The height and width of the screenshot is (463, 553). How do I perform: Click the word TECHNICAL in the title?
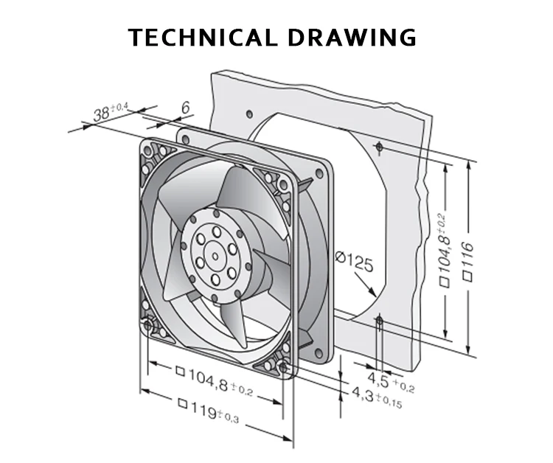(202, 38)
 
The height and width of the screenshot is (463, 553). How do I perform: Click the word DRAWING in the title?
(352, 38)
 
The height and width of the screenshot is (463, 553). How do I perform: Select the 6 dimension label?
(186, 107)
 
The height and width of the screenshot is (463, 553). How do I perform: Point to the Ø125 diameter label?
(354, 261)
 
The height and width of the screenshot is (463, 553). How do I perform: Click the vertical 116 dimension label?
(467, 261)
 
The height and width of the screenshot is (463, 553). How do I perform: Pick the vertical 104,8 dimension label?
(444, 250)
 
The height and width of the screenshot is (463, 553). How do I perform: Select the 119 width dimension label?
(209, 411)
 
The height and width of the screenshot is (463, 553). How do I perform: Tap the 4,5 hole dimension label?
(391, 382)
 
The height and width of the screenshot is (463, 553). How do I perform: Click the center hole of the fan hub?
(215, 257)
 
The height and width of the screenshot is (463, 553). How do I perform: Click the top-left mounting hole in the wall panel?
(249, 114)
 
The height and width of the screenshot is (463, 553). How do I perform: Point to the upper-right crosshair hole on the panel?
(379, 146)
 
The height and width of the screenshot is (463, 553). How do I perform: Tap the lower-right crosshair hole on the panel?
(380, 321)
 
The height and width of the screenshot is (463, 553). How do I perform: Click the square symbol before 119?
(182, 403)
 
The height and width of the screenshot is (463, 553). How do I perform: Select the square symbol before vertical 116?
(467, 276)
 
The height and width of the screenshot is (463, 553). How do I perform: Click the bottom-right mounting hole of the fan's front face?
(283, 368)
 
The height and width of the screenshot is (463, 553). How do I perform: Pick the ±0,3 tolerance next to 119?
(229, 417)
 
